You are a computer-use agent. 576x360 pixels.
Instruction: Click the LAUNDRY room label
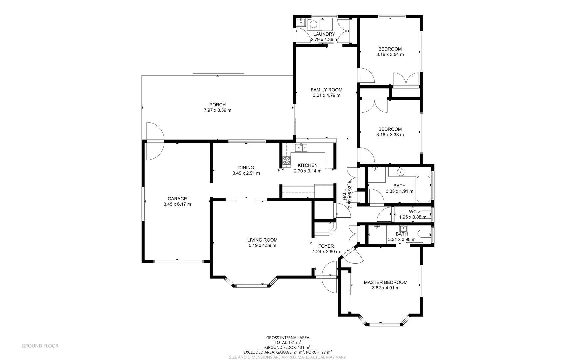click(324, 34)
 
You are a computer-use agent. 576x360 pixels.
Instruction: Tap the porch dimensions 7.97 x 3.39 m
click(217, 110)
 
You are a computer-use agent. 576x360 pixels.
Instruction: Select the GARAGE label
click(177, 199)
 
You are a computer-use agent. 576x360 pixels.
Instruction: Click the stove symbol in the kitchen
click(287, 161)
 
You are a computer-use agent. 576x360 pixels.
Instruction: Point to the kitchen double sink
click(301, 147)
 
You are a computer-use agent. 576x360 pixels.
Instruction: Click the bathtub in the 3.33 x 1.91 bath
click(424, 189)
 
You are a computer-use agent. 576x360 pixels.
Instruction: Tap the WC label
click(413, 212)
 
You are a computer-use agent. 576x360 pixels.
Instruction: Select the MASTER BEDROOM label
click(385, 282)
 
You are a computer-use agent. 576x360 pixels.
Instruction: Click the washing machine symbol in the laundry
click(313, 24)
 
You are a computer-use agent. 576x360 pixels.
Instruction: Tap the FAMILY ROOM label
click(326, 90)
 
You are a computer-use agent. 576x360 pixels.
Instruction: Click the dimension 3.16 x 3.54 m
click(390, 55)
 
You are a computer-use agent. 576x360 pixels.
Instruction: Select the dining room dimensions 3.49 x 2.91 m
click(246, 173)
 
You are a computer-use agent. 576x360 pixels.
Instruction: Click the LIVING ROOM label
click(262, 240)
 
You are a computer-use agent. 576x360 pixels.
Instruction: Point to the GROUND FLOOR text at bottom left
click(40, 346)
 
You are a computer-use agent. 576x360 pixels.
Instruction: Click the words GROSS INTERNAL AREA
click(288, 338)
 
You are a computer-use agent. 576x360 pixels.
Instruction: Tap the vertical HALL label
click(345, 195)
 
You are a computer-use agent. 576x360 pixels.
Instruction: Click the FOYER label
click(326, 246)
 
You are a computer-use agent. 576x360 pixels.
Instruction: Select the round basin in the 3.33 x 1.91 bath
click(400, 172)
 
